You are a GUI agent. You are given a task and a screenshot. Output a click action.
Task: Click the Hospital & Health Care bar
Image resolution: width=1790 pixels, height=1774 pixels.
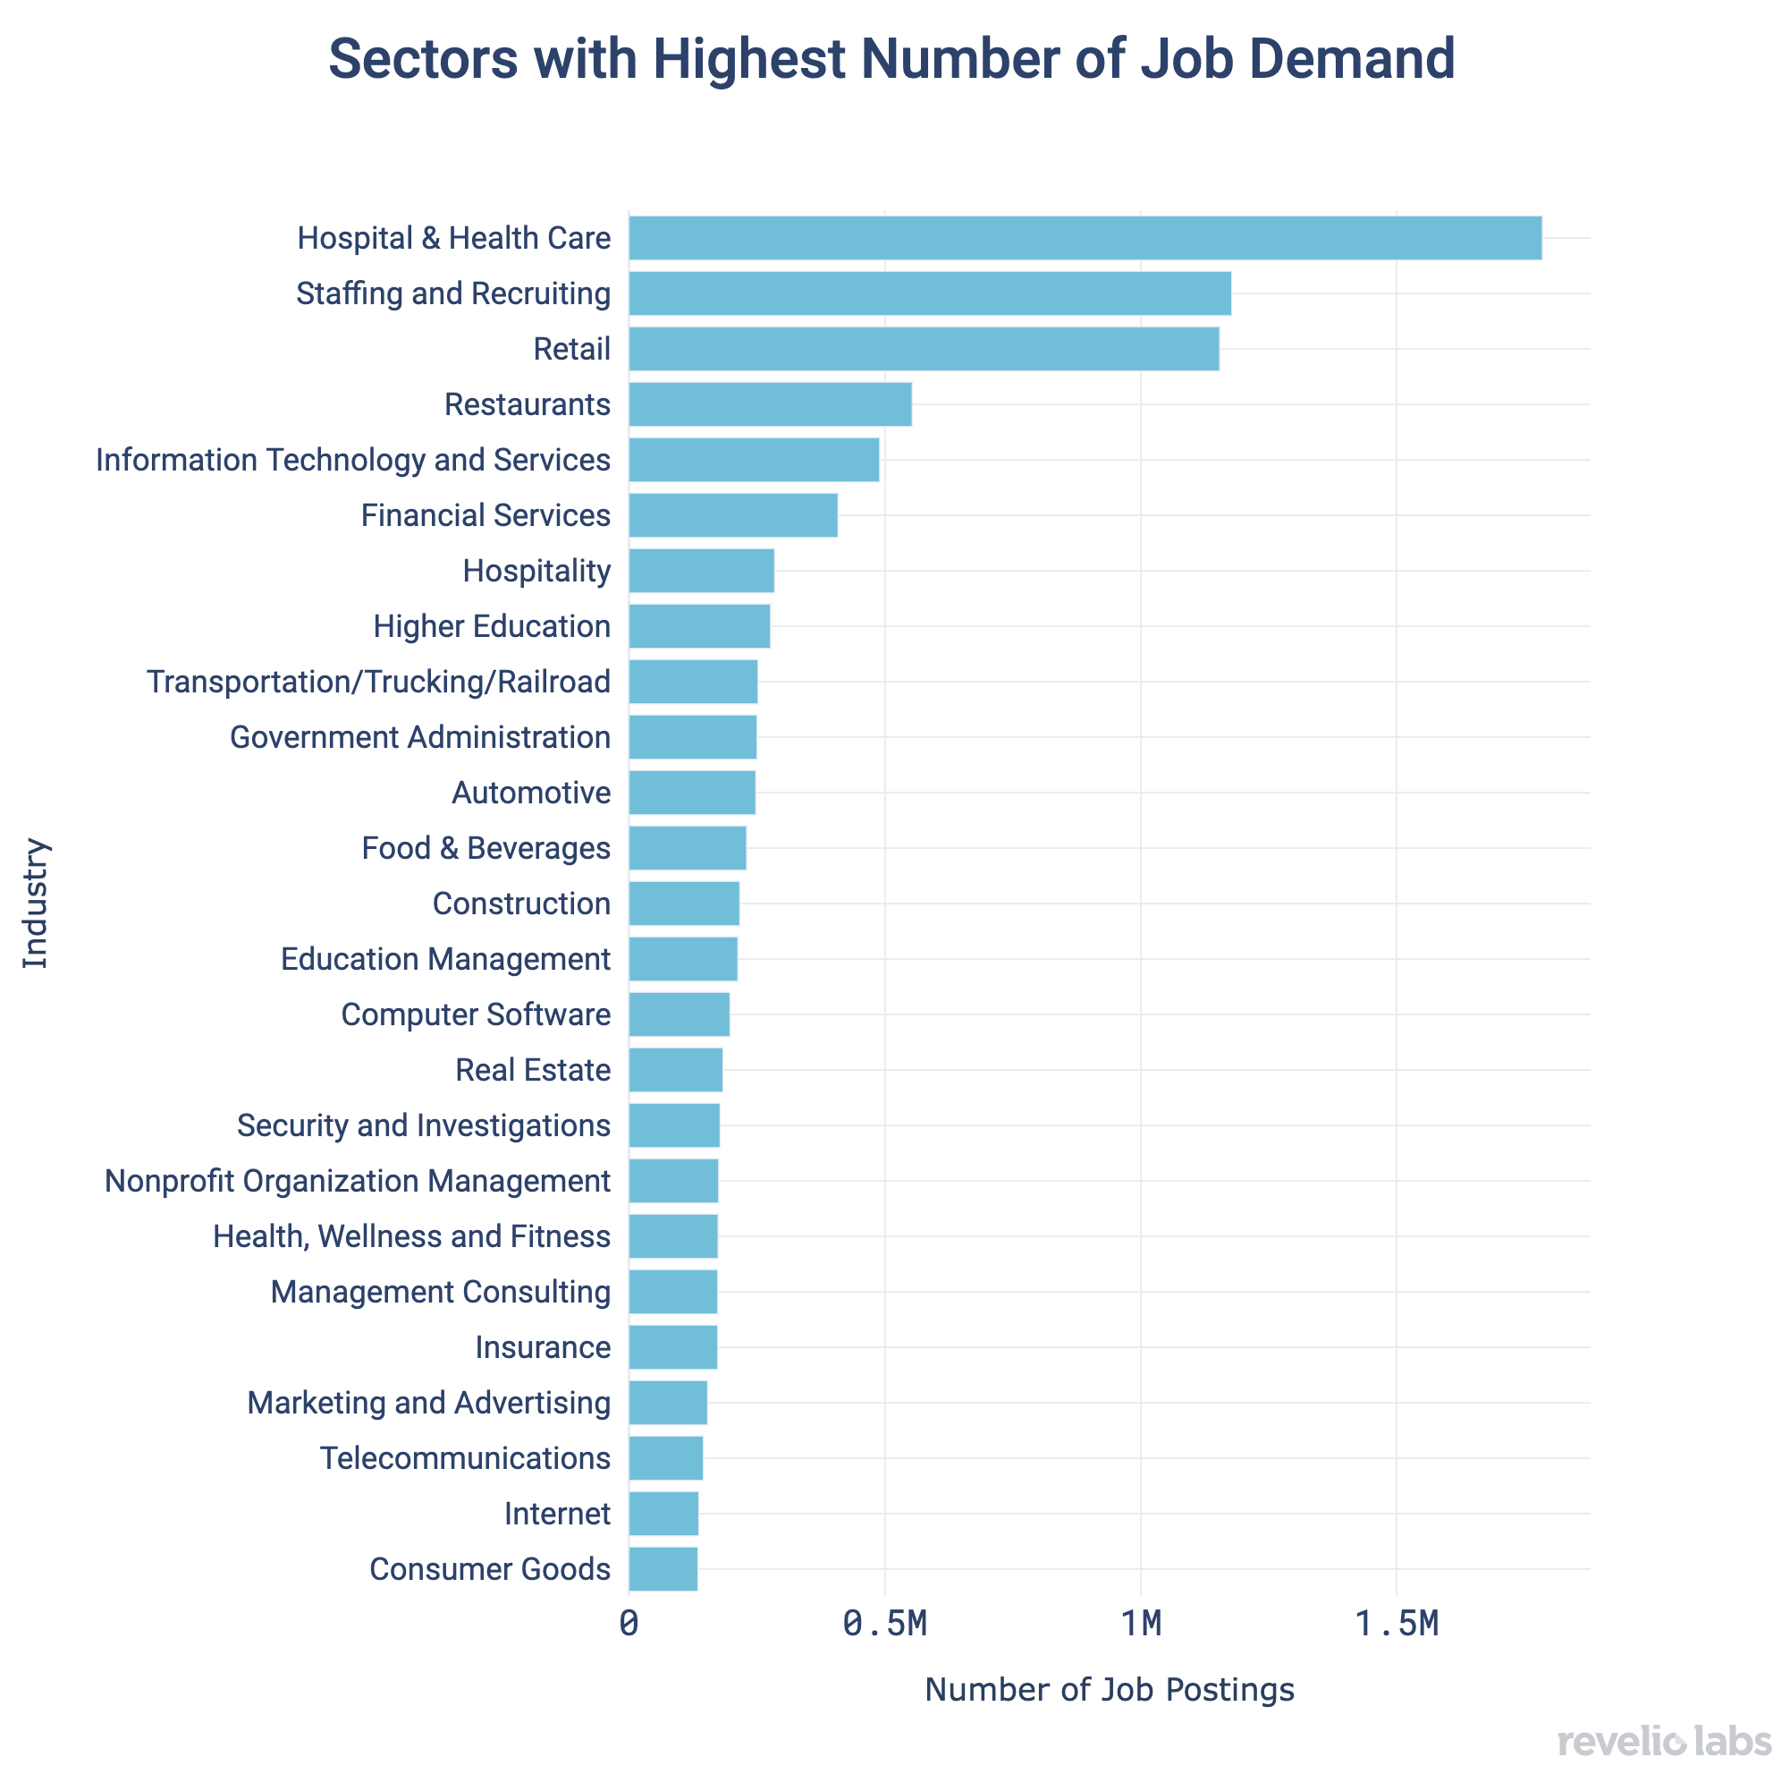(x=1084, y=238)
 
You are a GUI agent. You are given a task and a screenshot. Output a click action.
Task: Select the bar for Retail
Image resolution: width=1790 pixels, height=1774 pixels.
(x=923, y=349)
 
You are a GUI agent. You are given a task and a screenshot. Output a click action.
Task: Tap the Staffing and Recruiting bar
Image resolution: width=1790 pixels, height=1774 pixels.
(x=929, y=293)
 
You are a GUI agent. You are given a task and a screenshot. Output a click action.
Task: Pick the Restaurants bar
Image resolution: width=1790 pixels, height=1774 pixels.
(x=769, y=404)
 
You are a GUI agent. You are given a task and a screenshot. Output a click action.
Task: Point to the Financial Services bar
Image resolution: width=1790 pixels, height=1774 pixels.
(x=733, y=515)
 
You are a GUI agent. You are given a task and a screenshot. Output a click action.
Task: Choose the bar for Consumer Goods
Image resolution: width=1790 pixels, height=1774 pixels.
(x=663, y=1569)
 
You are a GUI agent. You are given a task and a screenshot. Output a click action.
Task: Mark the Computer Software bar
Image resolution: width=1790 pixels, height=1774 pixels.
(x=679, y=1014)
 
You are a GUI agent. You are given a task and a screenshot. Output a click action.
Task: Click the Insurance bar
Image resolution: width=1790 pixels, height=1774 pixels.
(x=672, y=1346)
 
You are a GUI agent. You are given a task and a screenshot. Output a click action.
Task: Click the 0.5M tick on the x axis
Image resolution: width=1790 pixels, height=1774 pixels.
(x=885, y=1625)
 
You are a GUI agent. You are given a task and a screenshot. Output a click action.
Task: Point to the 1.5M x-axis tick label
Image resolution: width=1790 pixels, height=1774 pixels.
(x=1397, y=1625)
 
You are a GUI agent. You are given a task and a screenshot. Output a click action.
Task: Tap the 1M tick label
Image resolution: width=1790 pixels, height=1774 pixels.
(x=1141, y=1625)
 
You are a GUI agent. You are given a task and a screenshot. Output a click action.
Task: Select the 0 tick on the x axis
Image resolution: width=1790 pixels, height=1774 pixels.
(x=629, y=1625)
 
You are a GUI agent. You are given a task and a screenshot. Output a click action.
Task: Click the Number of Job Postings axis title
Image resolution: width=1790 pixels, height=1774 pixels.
(x=1109, y=1690)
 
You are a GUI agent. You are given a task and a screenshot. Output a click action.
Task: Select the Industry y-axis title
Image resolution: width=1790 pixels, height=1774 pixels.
(x=35, y=904)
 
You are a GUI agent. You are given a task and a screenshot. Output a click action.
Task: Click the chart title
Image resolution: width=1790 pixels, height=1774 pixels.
(x=891, y=59)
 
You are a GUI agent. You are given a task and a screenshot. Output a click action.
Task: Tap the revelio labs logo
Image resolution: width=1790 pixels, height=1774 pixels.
(x=1664, y=1741)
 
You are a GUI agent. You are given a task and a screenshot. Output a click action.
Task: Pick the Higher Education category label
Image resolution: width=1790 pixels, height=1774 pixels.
(x=492, y=626)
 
